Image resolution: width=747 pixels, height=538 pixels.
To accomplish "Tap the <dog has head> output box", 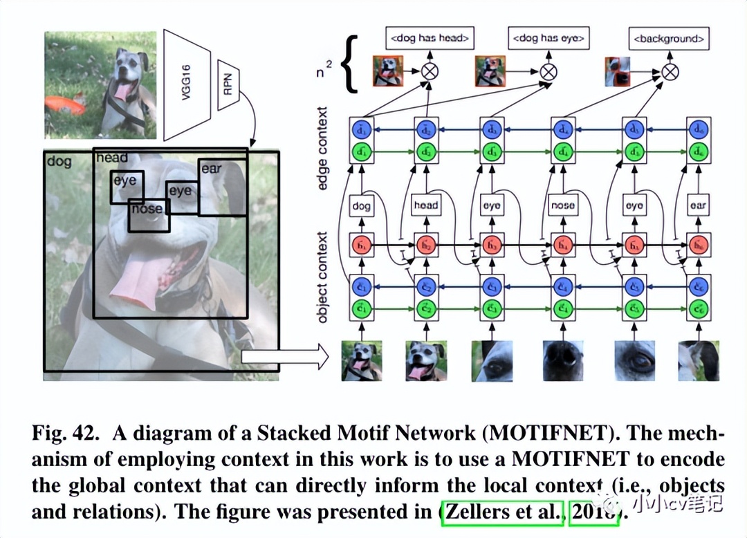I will coord(429,39).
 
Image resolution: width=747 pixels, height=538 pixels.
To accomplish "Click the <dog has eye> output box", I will coord(548,39).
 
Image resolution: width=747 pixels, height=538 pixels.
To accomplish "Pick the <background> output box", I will coord(668,39).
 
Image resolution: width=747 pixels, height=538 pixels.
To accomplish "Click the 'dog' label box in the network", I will coord(361,205).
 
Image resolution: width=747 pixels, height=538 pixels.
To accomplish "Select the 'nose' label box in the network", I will coord(563,205).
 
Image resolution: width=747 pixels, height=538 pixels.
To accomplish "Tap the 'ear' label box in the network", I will coord(699,205).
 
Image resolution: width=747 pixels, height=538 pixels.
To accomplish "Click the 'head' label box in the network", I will coord(425,205).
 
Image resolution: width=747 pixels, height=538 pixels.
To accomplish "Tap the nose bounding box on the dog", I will coord(148,215).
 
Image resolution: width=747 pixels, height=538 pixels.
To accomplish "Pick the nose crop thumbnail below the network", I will coord(564,361).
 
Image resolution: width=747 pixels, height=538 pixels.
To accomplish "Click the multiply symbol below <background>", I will coord(669,71).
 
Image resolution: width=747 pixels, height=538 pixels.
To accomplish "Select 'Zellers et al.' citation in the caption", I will coord(502,513).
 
